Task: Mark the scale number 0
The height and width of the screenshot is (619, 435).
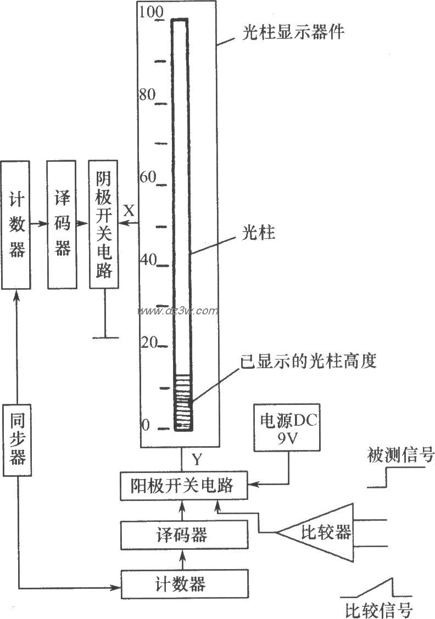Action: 146,425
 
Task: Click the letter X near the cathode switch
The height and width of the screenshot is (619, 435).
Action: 128,210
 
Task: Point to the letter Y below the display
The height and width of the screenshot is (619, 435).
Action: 196,457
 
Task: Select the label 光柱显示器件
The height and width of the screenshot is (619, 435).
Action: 294,32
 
